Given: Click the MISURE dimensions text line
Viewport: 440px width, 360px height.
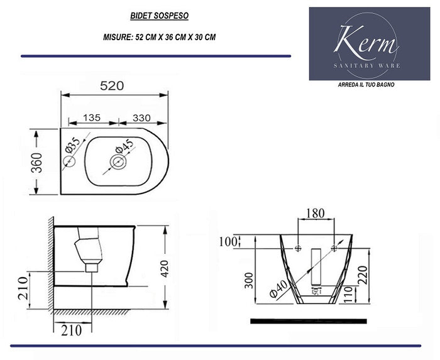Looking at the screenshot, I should pyautogui.click(x=159, y=37).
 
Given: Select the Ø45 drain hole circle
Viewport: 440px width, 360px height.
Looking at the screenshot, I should pyautogui.click(x=118, y=163).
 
